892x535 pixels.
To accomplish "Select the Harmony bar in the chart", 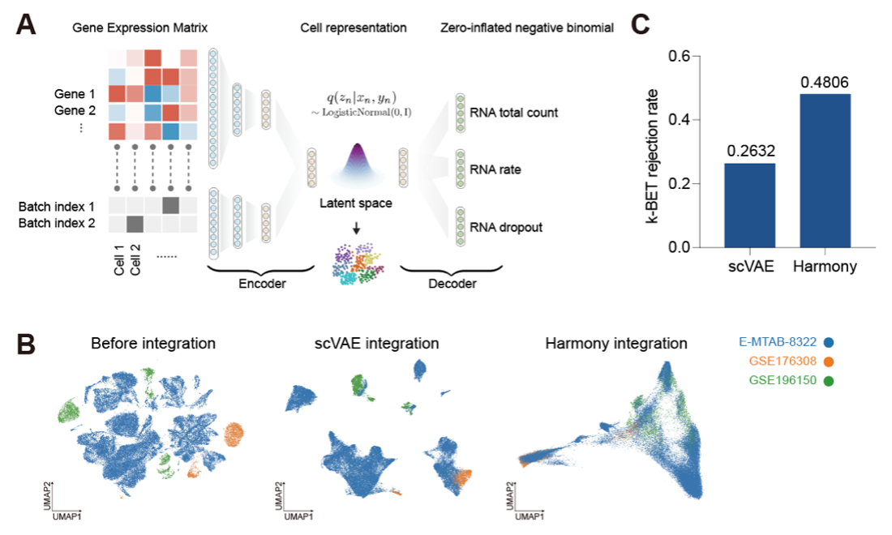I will tap(825, 170).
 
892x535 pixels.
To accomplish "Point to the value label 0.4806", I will tap(825, 82).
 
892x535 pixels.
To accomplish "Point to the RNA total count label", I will tap(512, 113).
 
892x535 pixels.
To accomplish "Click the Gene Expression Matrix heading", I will tap(140, 28).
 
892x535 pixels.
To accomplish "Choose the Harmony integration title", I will tap(616, 344).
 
